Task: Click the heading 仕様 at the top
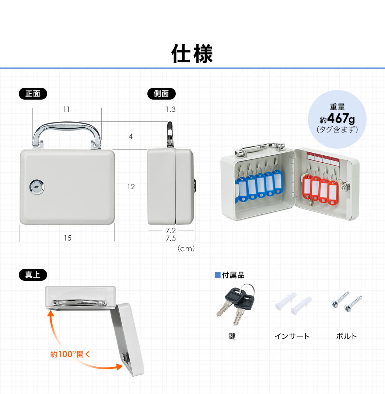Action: [x=192, y=53]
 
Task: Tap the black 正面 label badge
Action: [x=33, y=94]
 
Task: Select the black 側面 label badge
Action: [x=161, y=94]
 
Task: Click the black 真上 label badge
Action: [x=33, y=274]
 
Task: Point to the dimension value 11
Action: [x=67, y=109]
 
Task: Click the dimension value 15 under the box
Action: [x=68, y=238]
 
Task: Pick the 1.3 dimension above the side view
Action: [x=171, y=109]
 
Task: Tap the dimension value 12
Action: [x=131, y=187]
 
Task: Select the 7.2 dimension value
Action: [x=171, y=231]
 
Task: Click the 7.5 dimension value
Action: [x=171, y=238]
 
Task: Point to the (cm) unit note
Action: [x=186, y=249]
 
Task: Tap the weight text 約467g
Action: [x=337, y=118]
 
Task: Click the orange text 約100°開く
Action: [x=70, y=354]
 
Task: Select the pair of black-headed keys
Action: [x=236, y=303]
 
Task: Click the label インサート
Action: [x=292, y=336]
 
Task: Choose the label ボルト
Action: [x=346, y=336]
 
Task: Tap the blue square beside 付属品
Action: [x=218, y=275]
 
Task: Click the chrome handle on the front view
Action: [x=67, y=126]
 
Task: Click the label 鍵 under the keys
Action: [x=232, y=336]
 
